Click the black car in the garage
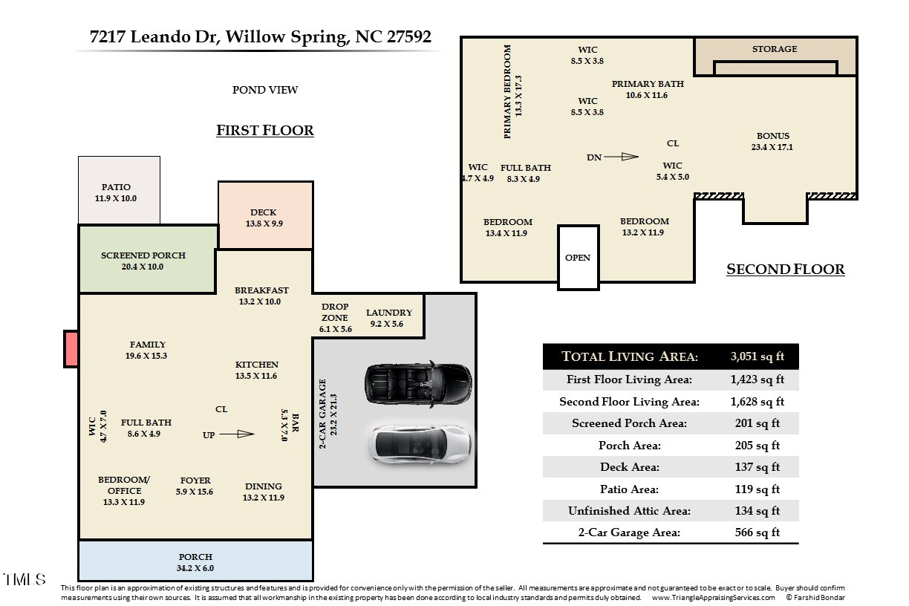coord(418,383)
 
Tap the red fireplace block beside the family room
coord(71,349)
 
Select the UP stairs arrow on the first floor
coord(237,434)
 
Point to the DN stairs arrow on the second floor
coord(622,157)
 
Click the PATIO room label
coord(116,187)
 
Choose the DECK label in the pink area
coord(263,212)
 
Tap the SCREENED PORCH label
coord(143,255)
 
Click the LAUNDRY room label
coord(388,313)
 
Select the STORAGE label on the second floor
coord(775,49)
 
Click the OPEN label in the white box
coord(578,258)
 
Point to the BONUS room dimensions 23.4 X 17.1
coord(772,147)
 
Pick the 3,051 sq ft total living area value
coord(757,356)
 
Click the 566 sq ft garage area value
coord(757,532)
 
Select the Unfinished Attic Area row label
coord(629,511)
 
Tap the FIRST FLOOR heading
coord(265,130)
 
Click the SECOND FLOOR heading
coord(785,269)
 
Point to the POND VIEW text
coord(265,90)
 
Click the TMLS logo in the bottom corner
coord(25,579)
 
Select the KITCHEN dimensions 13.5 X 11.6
coord(256,376)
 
